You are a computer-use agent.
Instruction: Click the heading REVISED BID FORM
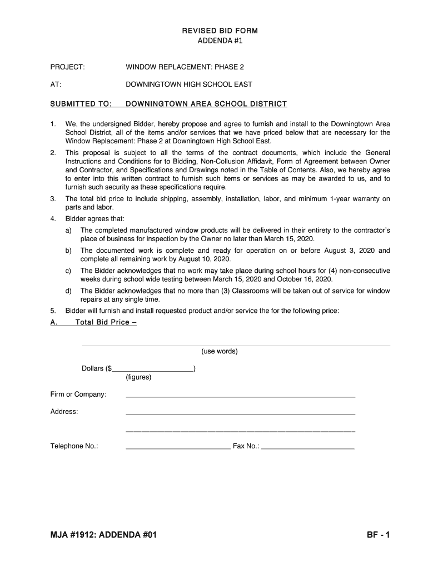click(220, 31)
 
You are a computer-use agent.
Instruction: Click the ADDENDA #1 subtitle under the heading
click(220, 41)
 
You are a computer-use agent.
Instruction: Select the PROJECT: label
click(68, 67)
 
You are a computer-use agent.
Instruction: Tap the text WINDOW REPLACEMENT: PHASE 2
click(185, 67)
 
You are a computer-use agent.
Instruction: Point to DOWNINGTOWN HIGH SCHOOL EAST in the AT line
click(189, 84)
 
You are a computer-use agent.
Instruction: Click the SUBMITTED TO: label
click(81, 104)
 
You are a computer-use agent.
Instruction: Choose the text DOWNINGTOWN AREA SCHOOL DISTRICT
click(206, 104)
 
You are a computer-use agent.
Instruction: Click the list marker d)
click(68, 291)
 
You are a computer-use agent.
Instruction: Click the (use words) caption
click(220, 351)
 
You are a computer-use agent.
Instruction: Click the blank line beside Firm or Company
click(240, 397)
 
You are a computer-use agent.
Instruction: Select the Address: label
click(64, 412)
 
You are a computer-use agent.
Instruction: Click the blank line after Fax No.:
click(307, 448)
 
